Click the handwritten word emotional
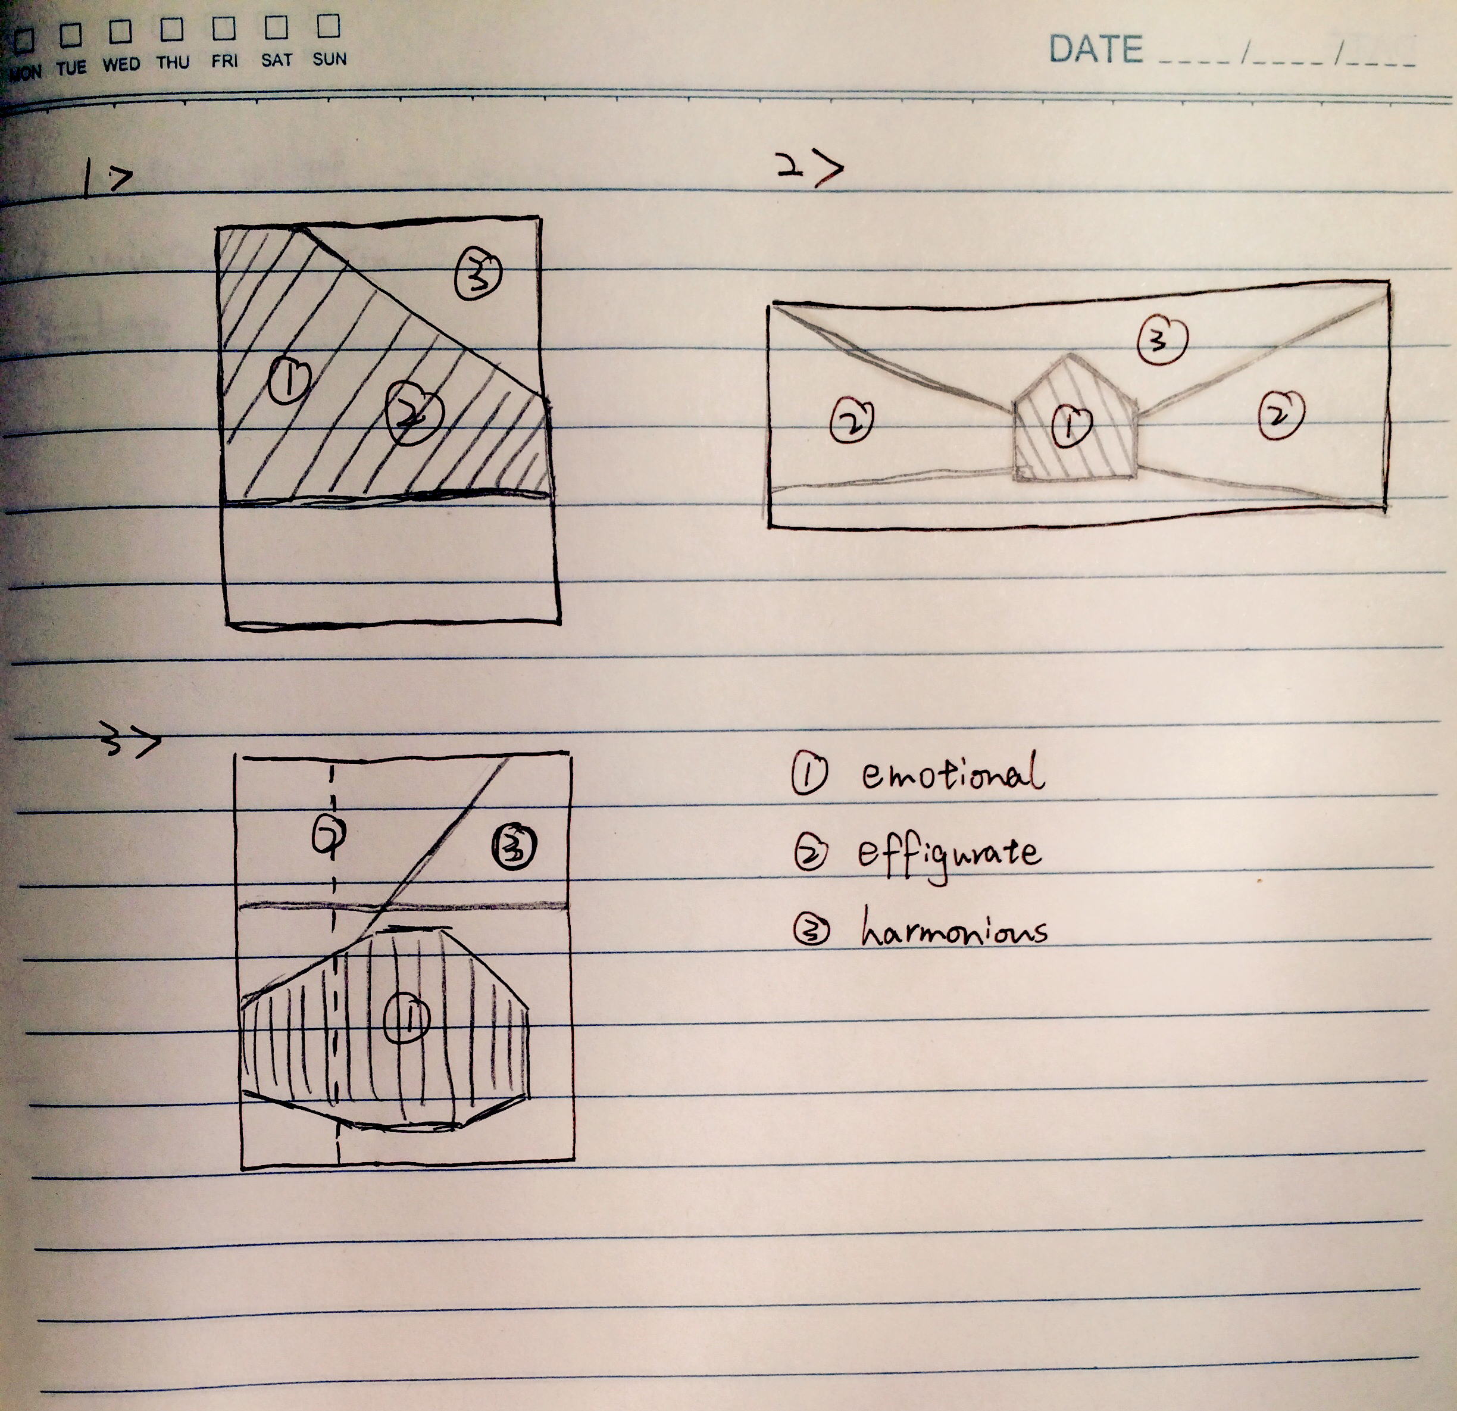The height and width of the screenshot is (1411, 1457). click(953, 771)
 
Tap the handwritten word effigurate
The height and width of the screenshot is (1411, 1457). click(949, 856)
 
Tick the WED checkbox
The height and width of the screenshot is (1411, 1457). click(120, 31)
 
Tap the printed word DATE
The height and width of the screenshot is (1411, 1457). click(1095, 49)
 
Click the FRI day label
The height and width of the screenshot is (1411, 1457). click(224, 60)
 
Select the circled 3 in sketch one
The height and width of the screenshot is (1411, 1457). click(478, 274)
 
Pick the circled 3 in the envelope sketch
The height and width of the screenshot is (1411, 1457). click(1162, 340)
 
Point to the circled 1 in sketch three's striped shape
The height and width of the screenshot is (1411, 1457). click(407, 1017)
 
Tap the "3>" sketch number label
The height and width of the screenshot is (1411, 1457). click(131, 741)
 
